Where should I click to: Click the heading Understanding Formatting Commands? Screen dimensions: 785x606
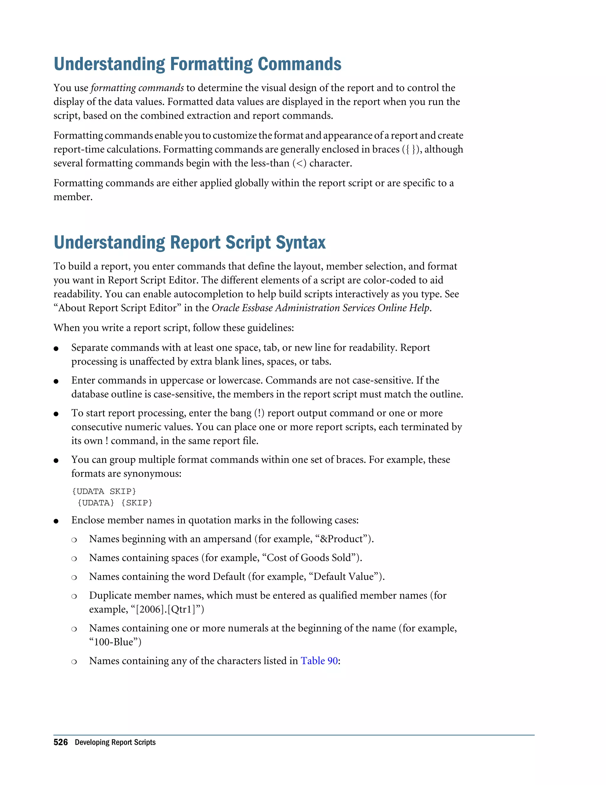197,64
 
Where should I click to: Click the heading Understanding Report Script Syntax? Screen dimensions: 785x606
190,243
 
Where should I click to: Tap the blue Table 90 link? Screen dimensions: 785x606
319,661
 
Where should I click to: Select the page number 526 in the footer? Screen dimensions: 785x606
60,742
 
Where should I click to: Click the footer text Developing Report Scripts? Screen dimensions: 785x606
115,742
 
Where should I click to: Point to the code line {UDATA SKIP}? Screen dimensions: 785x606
104,491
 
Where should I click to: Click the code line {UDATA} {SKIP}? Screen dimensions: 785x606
115,503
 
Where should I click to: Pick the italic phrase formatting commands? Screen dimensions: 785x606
137,88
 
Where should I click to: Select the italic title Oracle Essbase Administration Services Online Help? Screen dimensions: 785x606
320,308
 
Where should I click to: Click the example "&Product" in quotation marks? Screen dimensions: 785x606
342,539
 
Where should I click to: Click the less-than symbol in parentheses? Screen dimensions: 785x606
299,164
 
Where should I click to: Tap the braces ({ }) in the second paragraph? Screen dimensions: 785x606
411,150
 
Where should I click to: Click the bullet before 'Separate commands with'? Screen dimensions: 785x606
56,349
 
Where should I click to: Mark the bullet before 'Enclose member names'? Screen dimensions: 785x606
56,521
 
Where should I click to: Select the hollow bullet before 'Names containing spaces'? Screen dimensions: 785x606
74,559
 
